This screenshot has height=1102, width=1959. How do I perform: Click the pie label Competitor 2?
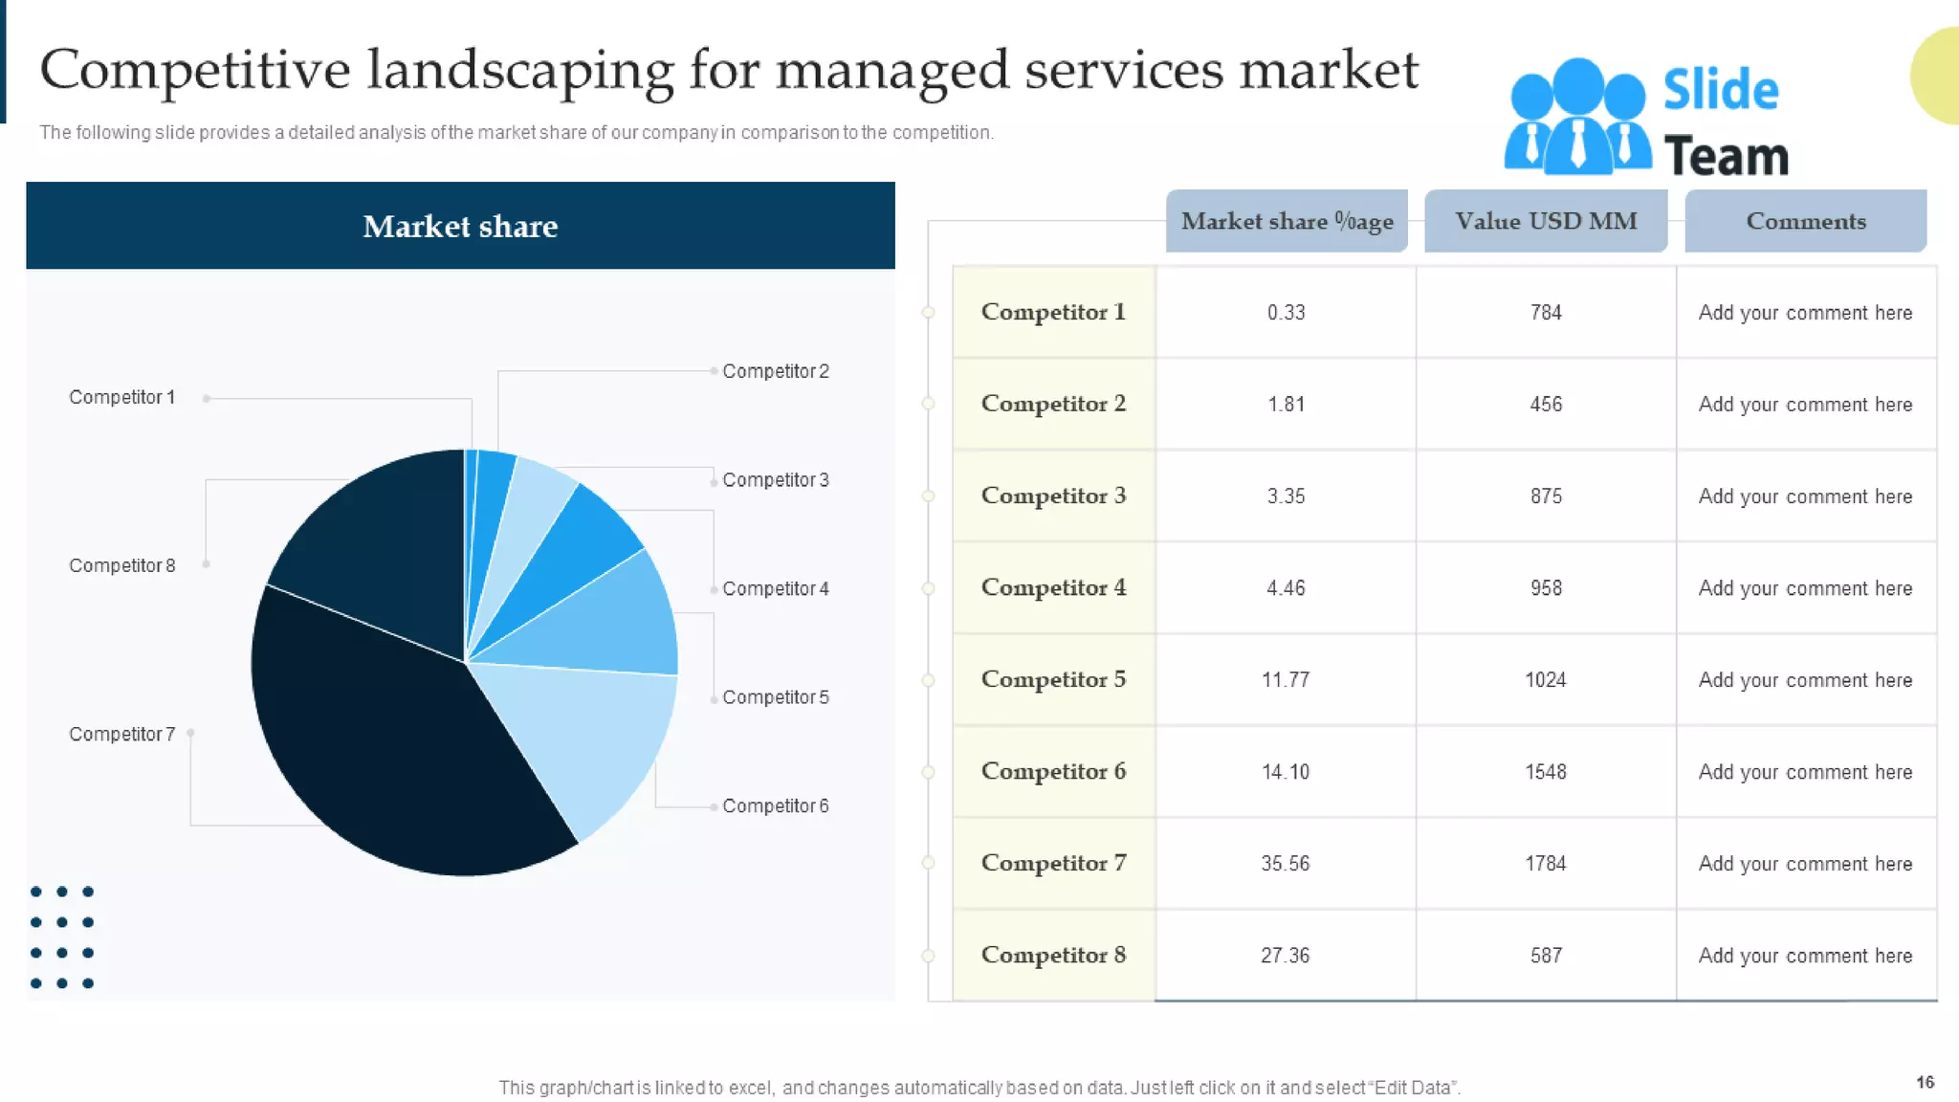click(x=775, y=371)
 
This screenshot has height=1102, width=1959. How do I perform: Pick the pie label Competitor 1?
click(x=121, y=397)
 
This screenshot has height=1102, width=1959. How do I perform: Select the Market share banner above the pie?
click(x=460, y=226)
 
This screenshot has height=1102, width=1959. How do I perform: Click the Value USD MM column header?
click(x=1546, y=221)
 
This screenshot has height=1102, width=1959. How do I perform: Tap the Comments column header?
click(x=1805, y=221)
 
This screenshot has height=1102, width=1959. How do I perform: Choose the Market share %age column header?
click(x=1287, y=221)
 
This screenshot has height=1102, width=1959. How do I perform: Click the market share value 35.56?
click(x=1285, y=864)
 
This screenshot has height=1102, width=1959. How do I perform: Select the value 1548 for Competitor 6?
click(x=1545, y=772)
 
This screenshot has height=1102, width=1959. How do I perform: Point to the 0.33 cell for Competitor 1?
click(x=1286, y=313)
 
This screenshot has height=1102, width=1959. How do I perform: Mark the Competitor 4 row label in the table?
click(x=1053, y=587)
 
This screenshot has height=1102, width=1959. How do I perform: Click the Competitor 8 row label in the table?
click(x=1053, y=955)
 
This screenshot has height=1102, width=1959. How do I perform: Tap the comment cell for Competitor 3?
click(x=1805, y=496)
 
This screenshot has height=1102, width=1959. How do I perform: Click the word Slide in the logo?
click(x=1720, y=90)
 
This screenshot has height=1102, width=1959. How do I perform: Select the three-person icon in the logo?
click(x=1577, y=117)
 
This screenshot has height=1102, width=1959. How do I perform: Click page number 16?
click(x=1925, y=1082)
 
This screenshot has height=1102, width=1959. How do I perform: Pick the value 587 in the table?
click(x=1545, y=956)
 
